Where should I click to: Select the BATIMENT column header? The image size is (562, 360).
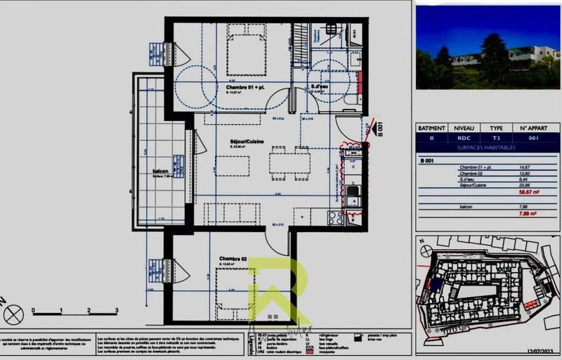click(x=431, y=129)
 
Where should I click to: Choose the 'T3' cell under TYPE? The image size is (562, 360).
click(x=496, y=139)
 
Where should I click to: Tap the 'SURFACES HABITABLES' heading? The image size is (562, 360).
click(x=485, y=148)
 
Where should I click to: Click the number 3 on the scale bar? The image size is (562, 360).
click(x=117, y=309)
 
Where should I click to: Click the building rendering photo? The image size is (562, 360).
click(x=488, y=48)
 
